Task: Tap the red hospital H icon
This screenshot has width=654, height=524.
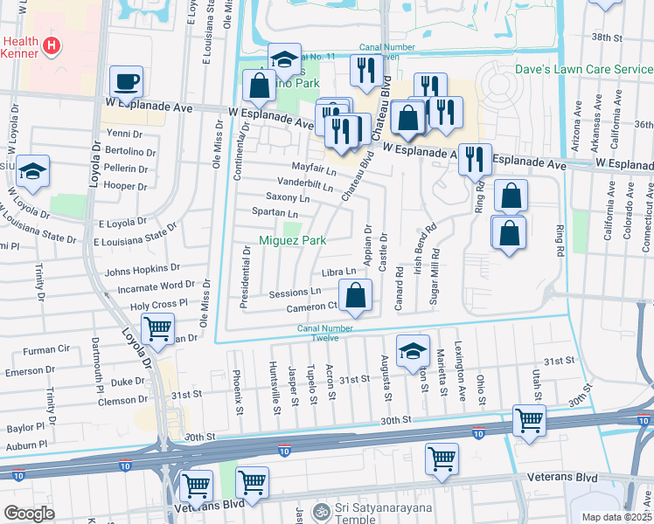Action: pos(52,45)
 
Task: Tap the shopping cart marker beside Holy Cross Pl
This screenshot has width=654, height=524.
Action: pos(157,328)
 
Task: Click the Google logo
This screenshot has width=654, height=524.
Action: pos(30,514)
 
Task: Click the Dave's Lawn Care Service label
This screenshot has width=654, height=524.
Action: pos(584,69)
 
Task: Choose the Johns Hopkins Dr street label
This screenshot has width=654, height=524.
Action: pos(142,270)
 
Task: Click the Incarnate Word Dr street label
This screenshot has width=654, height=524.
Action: pos(150,286)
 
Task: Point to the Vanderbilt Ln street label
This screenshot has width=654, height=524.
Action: pos(306,185)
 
